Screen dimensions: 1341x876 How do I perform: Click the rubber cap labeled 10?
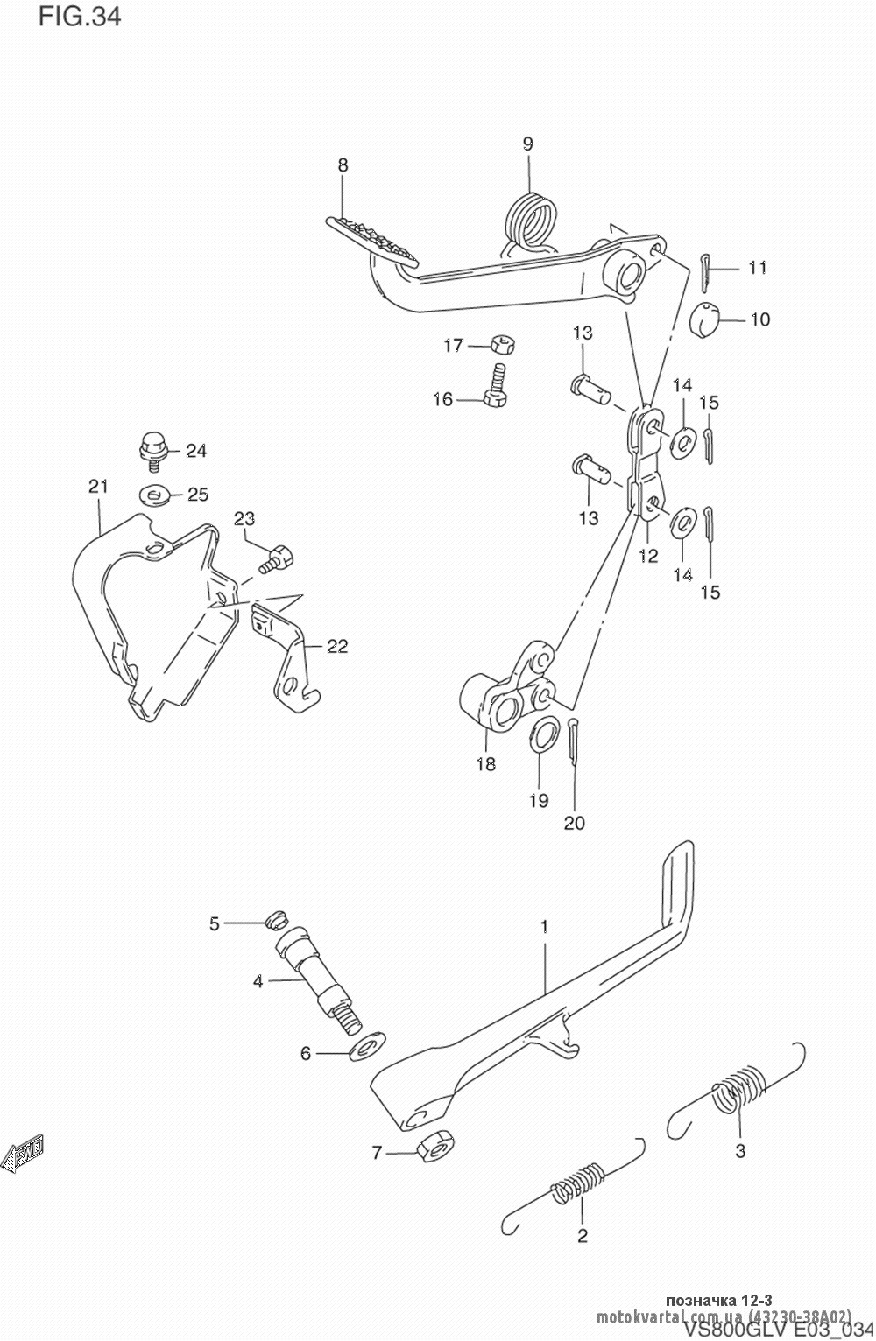(707, 319)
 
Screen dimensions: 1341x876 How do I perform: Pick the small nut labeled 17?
(497, 343)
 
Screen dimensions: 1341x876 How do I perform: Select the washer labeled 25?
(156, 495)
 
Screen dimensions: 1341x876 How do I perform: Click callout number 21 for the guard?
(97, 487)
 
